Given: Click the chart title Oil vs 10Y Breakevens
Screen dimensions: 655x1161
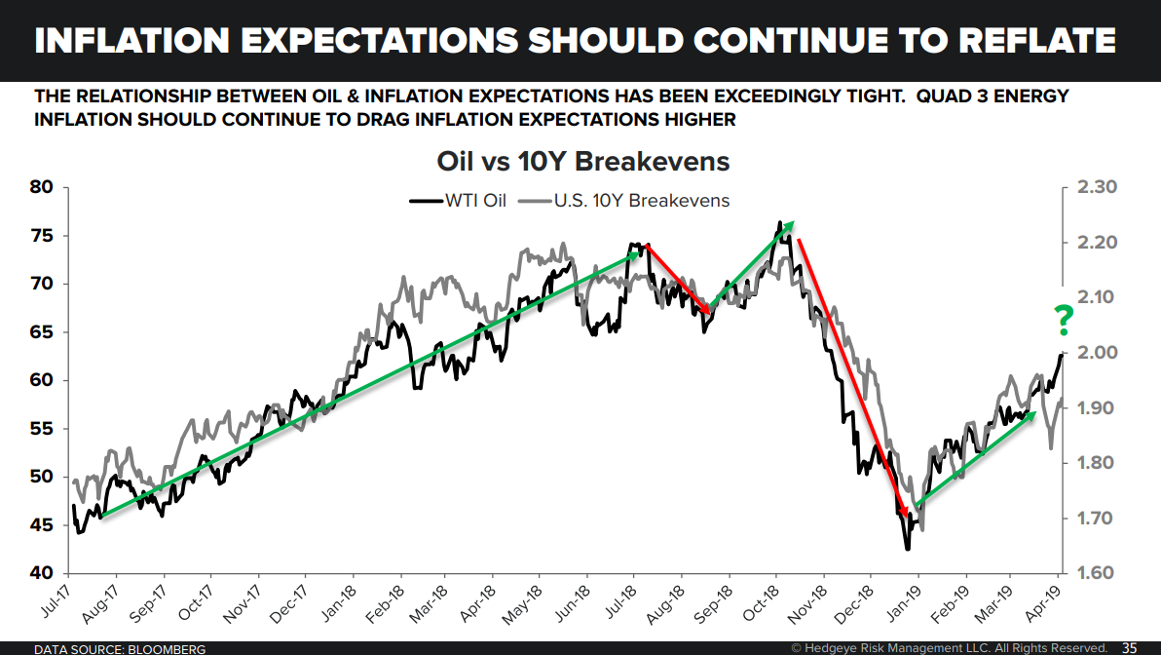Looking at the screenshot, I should point(581,162).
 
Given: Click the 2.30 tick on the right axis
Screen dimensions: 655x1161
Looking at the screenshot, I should point(1100,188).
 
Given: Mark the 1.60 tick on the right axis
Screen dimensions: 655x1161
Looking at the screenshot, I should point(1100,573).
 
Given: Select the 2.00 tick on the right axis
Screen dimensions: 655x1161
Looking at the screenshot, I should point(1100,353).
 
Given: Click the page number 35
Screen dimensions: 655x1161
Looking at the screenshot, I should point(1130,647).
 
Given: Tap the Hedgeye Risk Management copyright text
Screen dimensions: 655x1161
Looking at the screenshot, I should point(949,647).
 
